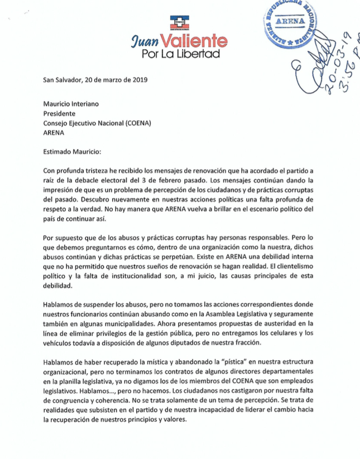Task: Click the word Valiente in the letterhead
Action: tap(194, 41)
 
